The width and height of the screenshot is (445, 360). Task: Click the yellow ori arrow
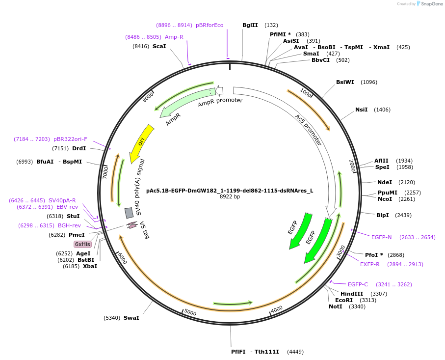pos(141,143)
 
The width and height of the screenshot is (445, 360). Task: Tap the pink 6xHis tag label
pos(82,244)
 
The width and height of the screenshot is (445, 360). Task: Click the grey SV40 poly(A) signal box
pos(129,213)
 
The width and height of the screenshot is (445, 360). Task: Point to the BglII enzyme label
pos(250,25)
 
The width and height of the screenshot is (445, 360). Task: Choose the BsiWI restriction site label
pos(345,82)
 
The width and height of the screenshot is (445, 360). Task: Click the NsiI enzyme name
pos(361,110)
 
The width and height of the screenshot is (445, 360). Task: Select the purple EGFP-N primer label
pos(381,237)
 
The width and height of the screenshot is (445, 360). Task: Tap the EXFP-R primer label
pos(370,264)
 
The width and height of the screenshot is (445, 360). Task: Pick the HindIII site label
pos(350,294)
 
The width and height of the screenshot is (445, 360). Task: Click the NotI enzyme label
pos(336,306)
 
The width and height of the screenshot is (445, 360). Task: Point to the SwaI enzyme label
pos(131,318)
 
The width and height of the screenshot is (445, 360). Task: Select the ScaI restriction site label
pos(159,46)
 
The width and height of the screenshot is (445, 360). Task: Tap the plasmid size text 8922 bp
pos(230,197)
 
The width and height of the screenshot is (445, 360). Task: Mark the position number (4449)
pos(295,352)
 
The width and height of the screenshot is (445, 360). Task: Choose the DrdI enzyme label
pos(79,148)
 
